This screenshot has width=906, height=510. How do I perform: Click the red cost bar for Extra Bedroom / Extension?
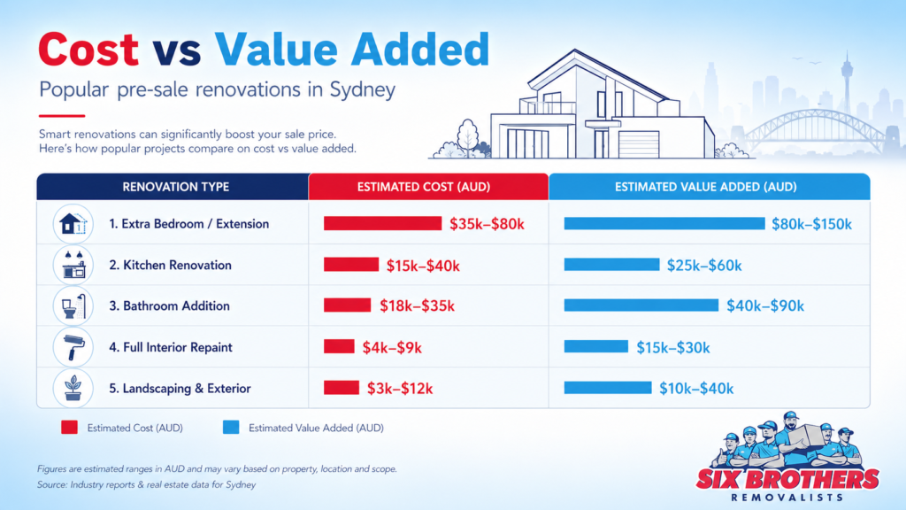point(382,223)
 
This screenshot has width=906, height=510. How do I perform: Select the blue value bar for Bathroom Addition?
point(641,305)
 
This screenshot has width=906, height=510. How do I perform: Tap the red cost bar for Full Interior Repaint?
point(339,346)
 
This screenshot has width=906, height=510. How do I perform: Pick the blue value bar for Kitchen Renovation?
point(611,265)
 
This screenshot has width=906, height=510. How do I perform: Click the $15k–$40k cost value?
point(423,265)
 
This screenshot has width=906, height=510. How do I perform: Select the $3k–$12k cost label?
point(399,388)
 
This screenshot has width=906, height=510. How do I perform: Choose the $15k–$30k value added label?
point(672,347)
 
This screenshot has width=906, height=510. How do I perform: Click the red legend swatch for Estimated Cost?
point(70,428)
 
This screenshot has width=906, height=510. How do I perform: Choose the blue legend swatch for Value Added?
point(231,428)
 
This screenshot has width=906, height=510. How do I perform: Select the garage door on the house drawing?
point(639,144)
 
